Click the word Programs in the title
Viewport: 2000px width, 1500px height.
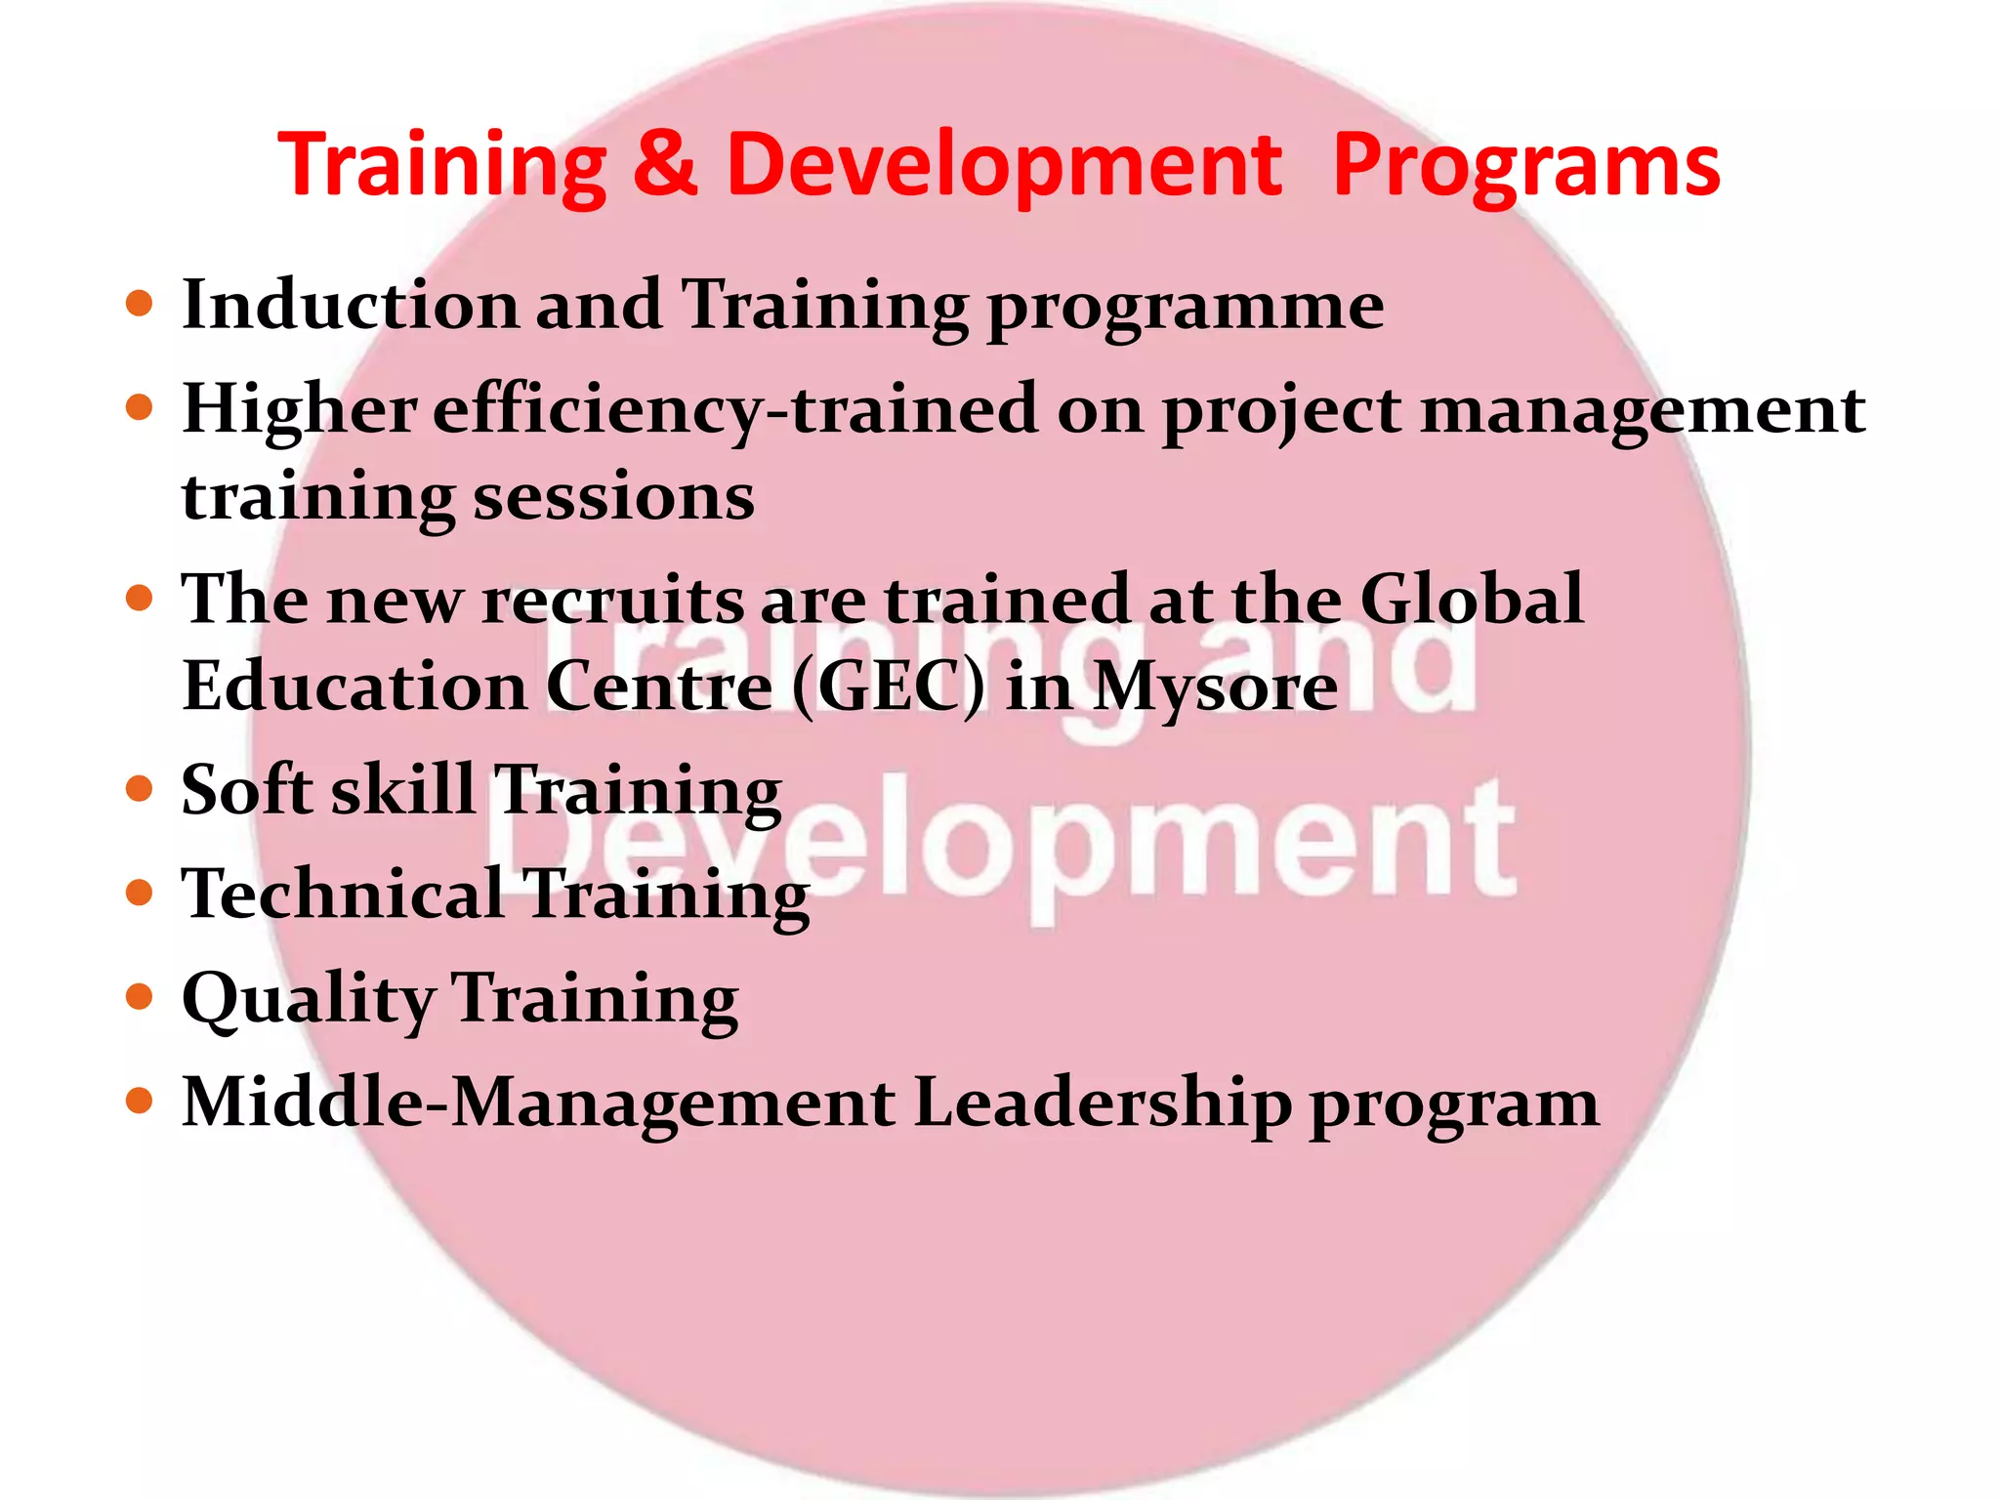pos(1525,166)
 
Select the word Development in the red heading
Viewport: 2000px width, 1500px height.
pos(1003,166)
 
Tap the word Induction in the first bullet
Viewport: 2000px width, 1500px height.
pos(350,305)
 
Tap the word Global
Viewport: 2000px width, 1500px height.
pos(1471,599)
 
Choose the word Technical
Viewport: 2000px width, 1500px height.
pos(343,893)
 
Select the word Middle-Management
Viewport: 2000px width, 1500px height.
pos(538,1102)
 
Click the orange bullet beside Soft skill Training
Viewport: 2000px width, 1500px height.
pos(141,787)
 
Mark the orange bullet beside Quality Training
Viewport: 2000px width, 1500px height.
pos(141,996)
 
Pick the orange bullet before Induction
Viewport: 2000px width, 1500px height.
pos(141,303)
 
